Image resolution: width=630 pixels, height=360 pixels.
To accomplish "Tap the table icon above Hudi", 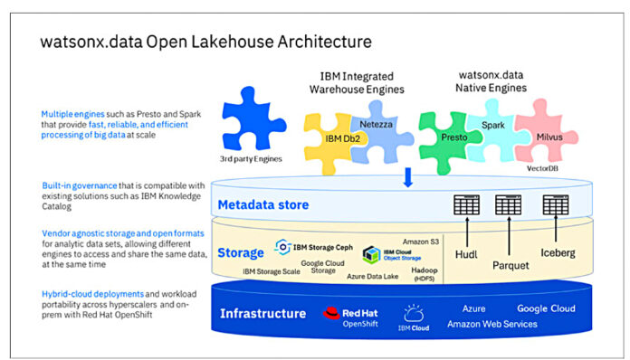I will click(466, 205).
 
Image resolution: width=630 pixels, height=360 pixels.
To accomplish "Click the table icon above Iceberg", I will click(555, 205).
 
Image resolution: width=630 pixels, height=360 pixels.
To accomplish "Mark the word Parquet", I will click(511, 266).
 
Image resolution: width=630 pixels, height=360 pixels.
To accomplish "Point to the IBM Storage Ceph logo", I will click(282, 246).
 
